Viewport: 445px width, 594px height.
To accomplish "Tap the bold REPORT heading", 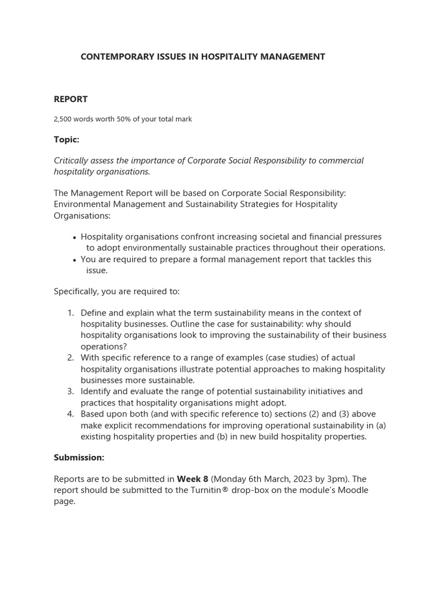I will click(71, 99).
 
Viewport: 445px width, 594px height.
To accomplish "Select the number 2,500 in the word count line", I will click(63, 119).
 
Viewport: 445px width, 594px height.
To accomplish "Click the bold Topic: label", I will click(66, 140).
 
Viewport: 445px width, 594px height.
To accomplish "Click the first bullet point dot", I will click(75, 237).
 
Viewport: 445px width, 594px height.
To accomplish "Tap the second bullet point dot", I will click(75, 260).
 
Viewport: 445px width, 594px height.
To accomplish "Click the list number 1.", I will click(70, 313).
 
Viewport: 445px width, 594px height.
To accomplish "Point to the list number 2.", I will click(70, 358).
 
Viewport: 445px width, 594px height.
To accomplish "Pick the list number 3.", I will click(70, 392).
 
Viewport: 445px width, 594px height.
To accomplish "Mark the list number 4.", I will click(70, 414).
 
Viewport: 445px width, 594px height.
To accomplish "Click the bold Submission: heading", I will click(79, 458).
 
